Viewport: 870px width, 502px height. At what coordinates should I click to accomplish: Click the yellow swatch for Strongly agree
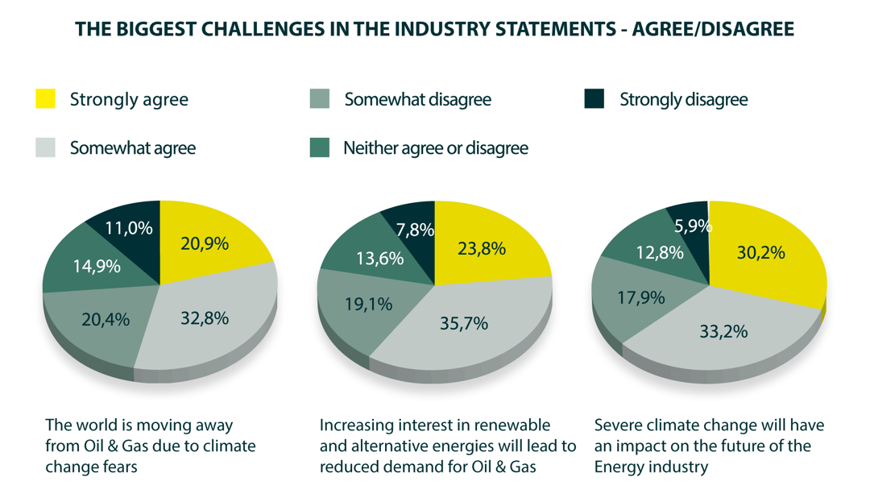pyautogui.click(x=46, y=99)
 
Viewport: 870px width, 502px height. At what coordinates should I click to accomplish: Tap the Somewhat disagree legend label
pyautogui.click(x=417, y=100)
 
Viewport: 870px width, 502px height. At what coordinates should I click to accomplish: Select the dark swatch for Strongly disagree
pyautogui.click(x=594, y=99)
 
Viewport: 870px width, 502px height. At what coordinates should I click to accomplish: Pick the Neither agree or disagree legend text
pyautogui.click(x=435, y=148)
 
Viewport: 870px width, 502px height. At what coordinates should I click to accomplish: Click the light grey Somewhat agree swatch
pyautogui.click(x=46, y=147)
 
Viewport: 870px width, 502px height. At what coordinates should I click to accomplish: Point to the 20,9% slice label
pyautogui.click(x=205, y=243)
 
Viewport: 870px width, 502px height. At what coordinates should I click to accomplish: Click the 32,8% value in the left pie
pyautogui.click(x=204, y=318)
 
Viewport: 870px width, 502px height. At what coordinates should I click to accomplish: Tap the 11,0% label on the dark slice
pyautogui.click(x=128, y=228)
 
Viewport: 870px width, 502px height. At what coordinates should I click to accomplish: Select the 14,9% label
pyautogui.click(x=96, y=265)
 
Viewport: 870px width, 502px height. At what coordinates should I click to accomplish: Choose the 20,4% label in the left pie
pyautogui.click(x=106, y=320)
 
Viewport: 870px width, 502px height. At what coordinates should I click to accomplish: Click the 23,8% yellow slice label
pyautogui.click(x=481, y=248)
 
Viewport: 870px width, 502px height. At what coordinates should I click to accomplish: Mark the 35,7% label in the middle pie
pyautogui.click(x=463, y=325)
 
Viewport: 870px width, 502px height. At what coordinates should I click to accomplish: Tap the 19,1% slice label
pyautogui.click(x=368, y=304)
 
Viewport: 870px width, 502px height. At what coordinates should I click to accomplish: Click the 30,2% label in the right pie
pyautogui.click(x=760, y=252)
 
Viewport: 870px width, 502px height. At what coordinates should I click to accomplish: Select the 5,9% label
pyautogui.click(x=694, y=226)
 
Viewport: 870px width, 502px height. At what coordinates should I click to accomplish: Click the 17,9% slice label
pyautogui.click(x=641, y=297)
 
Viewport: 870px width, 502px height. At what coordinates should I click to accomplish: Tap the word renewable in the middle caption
pyautogui.click(x=511, y=425)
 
